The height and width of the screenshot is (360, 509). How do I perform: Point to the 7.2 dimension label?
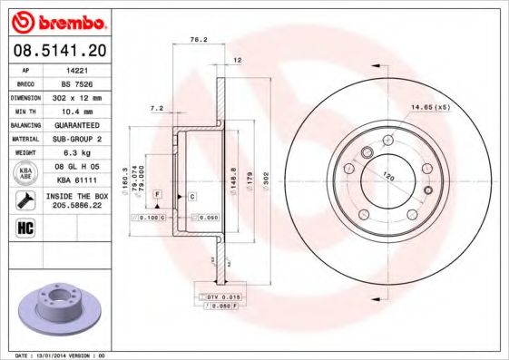[155, 108]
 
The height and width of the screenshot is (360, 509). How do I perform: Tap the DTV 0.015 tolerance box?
[219, 297]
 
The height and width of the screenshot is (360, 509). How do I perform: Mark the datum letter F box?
[157, 196]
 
